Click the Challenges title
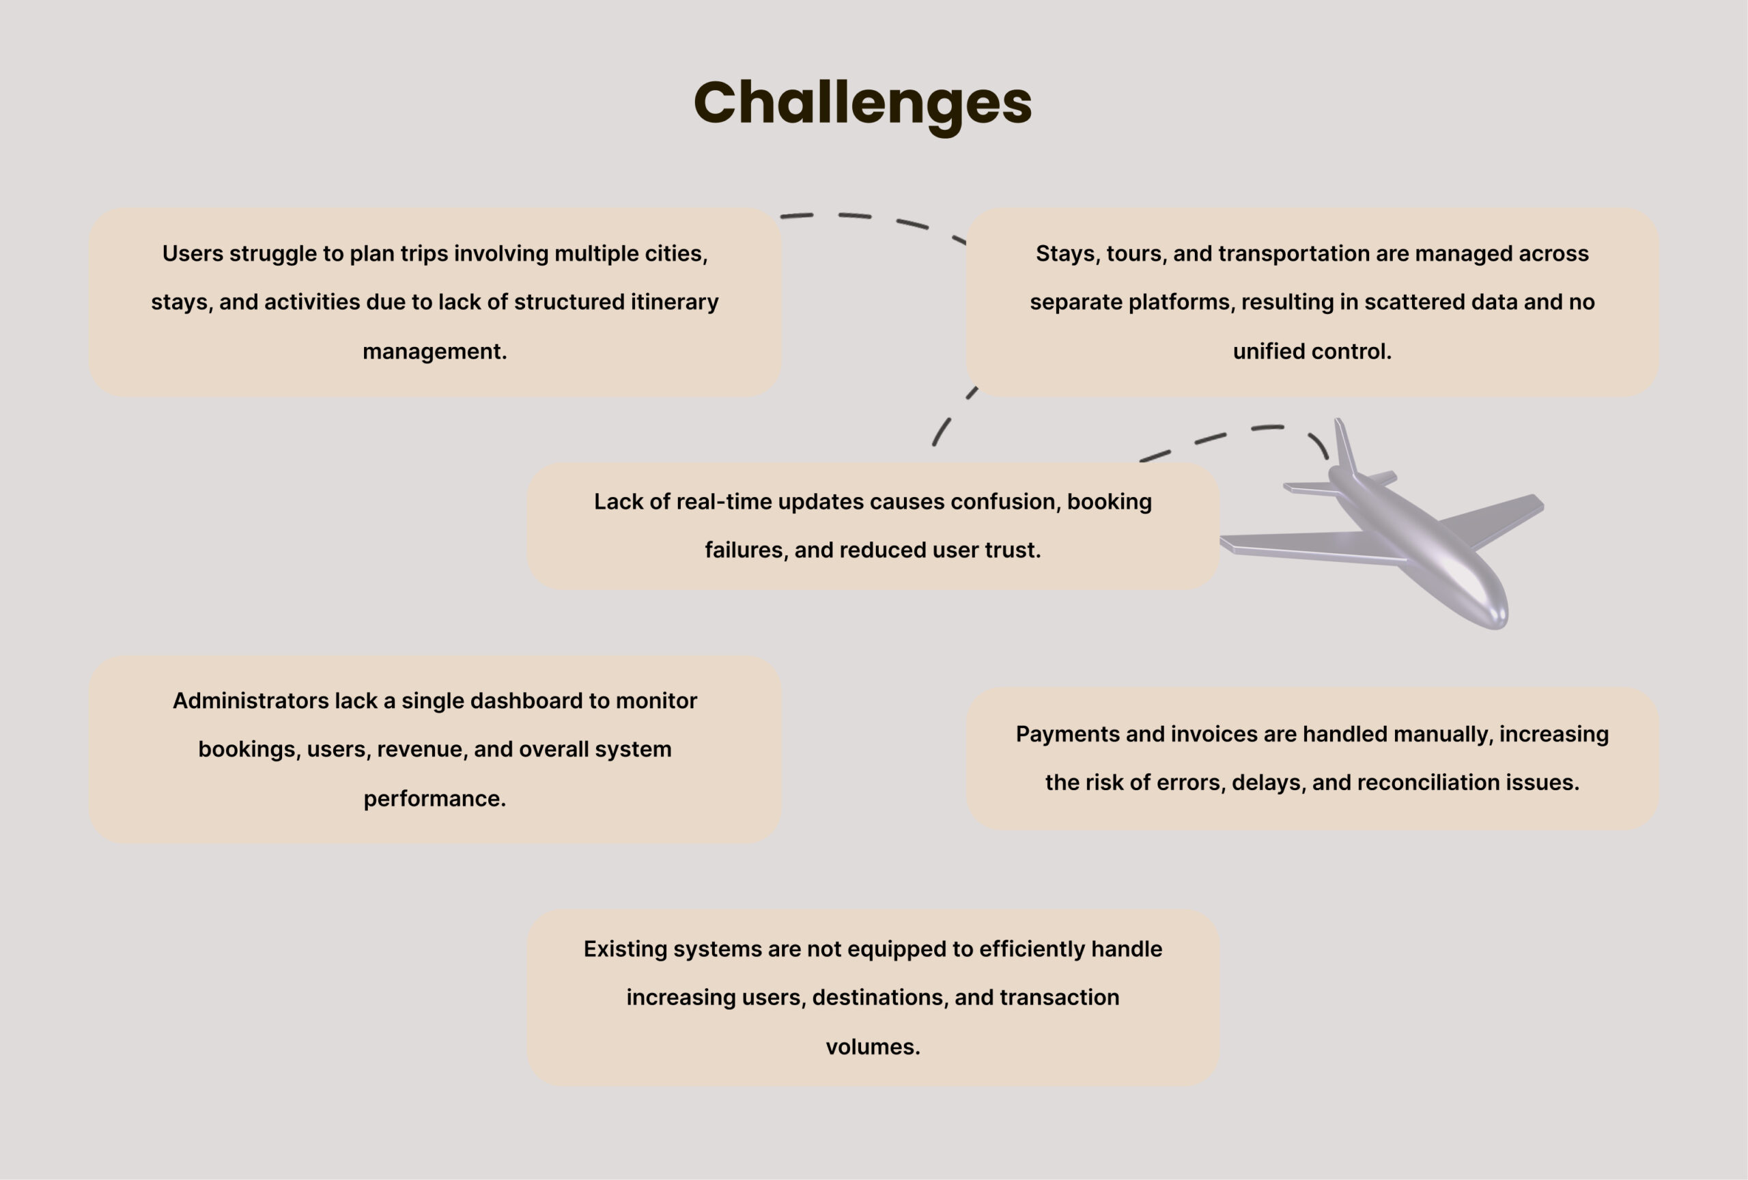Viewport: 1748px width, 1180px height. pos(862,104)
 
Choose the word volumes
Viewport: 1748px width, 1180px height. pos(873,1047)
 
